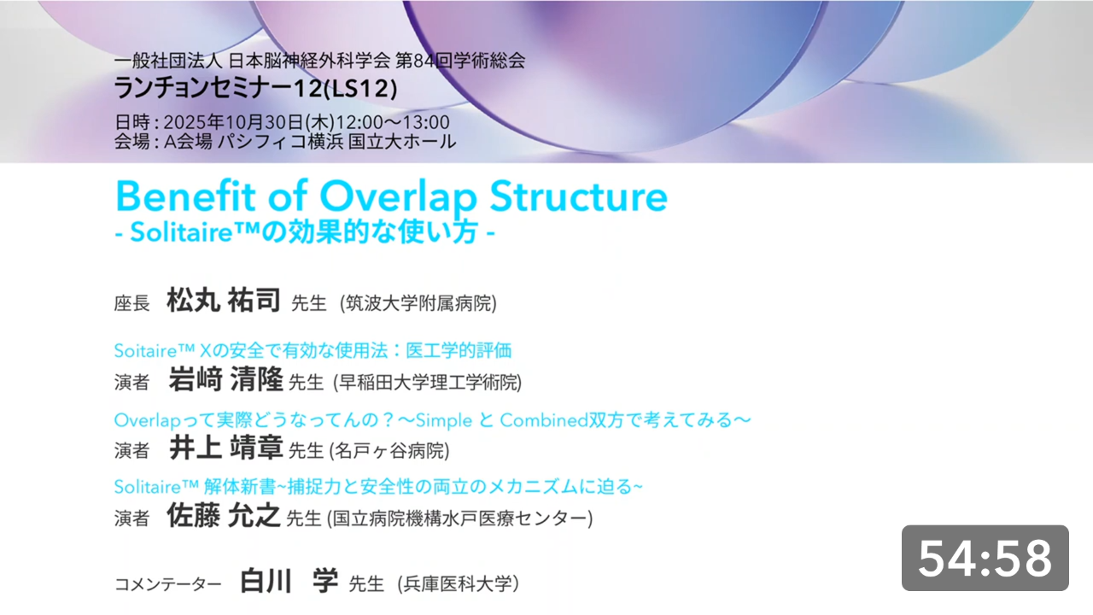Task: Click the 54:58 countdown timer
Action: point(985,558)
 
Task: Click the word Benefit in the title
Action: point(185,196)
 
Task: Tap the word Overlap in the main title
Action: point(398,197)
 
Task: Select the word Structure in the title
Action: point(578,196)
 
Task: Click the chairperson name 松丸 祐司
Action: point(224,300)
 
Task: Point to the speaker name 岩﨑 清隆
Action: point(226,379)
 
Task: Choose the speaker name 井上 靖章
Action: point(226,448)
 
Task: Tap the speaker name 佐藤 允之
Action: point(224,515)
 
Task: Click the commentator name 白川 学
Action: point(289,581)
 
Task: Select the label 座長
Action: point(132,303)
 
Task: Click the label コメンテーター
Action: point(168,583)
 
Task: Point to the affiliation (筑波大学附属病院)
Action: point(418,303)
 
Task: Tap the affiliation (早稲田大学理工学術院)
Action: point(428,382)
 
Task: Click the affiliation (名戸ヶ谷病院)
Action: point(389,450)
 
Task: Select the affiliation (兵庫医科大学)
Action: point(458,583)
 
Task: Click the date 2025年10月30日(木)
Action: point(248,122)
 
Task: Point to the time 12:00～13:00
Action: point(393,122)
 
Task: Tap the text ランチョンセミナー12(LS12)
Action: point(255,88)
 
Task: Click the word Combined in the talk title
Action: point(544,420)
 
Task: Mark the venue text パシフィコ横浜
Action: point(281,142)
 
